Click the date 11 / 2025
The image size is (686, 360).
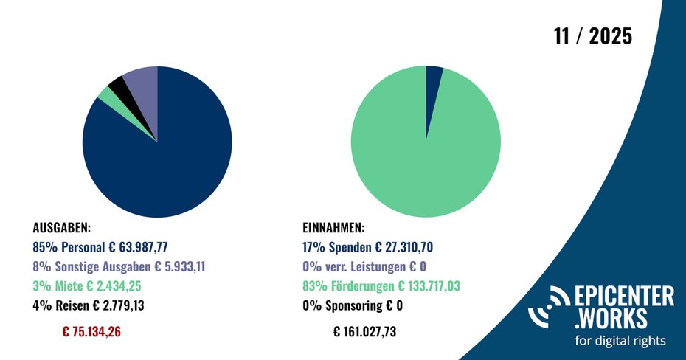(593, 36)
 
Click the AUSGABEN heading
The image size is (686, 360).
(62, 228)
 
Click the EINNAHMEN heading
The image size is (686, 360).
(333, 228)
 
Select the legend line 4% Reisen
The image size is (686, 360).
(98, 305)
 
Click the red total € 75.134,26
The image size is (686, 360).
(91, 331)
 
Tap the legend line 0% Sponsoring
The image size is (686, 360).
(353, 305)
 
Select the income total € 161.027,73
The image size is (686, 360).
(365, 331)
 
